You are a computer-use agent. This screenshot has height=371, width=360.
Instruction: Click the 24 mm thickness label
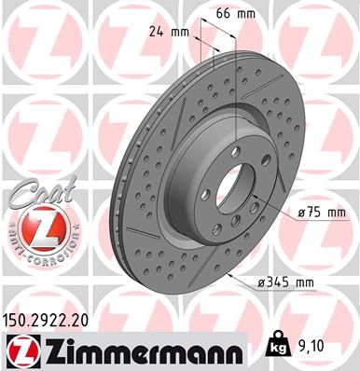(x=175, y=33)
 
